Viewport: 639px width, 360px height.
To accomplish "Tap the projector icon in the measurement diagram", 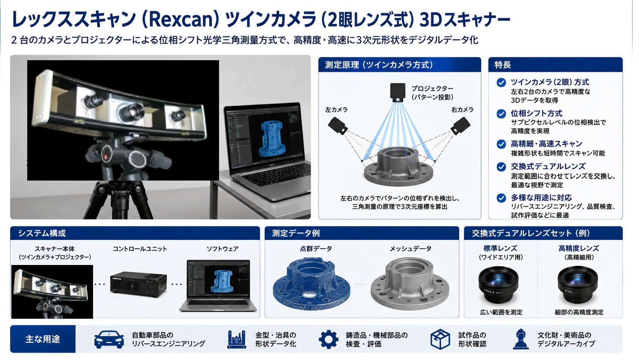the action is pyautogui.click(x=398, y=92).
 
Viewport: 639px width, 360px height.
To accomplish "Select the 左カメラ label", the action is pyautogui.click(x=336, y=110).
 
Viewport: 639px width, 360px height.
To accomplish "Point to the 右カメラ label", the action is pyautogui.click(x=462, y=110).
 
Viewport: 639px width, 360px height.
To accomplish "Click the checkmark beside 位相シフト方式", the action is pyautogui.click(x=501, y=114).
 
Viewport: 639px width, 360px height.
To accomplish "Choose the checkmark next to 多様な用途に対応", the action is pyautogui.click(x=501, y=198).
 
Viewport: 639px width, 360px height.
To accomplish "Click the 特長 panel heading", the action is pyautogui.click(x=503, y=65).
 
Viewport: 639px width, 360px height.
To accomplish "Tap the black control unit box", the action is pyautogui.click(x=138, y=284).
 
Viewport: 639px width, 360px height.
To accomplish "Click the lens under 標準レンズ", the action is pyautogui.click(x=498, y=285).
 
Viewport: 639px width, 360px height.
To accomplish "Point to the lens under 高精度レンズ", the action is pyautogui.click(x=577, y=285).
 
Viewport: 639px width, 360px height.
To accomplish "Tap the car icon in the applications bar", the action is pyautogui.click(x=109, y=340).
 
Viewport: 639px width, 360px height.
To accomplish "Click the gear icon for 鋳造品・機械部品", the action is pyautogui.click(x=328, y=340).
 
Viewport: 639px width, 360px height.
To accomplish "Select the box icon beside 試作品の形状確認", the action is pyautogui.click(x=440, y=340).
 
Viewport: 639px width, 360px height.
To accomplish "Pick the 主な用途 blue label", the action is pyautogui.click(x=43, y=339).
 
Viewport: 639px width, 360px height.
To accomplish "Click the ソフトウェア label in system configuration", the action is pyautogui.click(x=222, y=249).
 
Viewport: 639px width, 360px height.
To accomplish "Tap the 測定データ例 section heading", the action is pyautogui.click(x=296, y=233).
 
